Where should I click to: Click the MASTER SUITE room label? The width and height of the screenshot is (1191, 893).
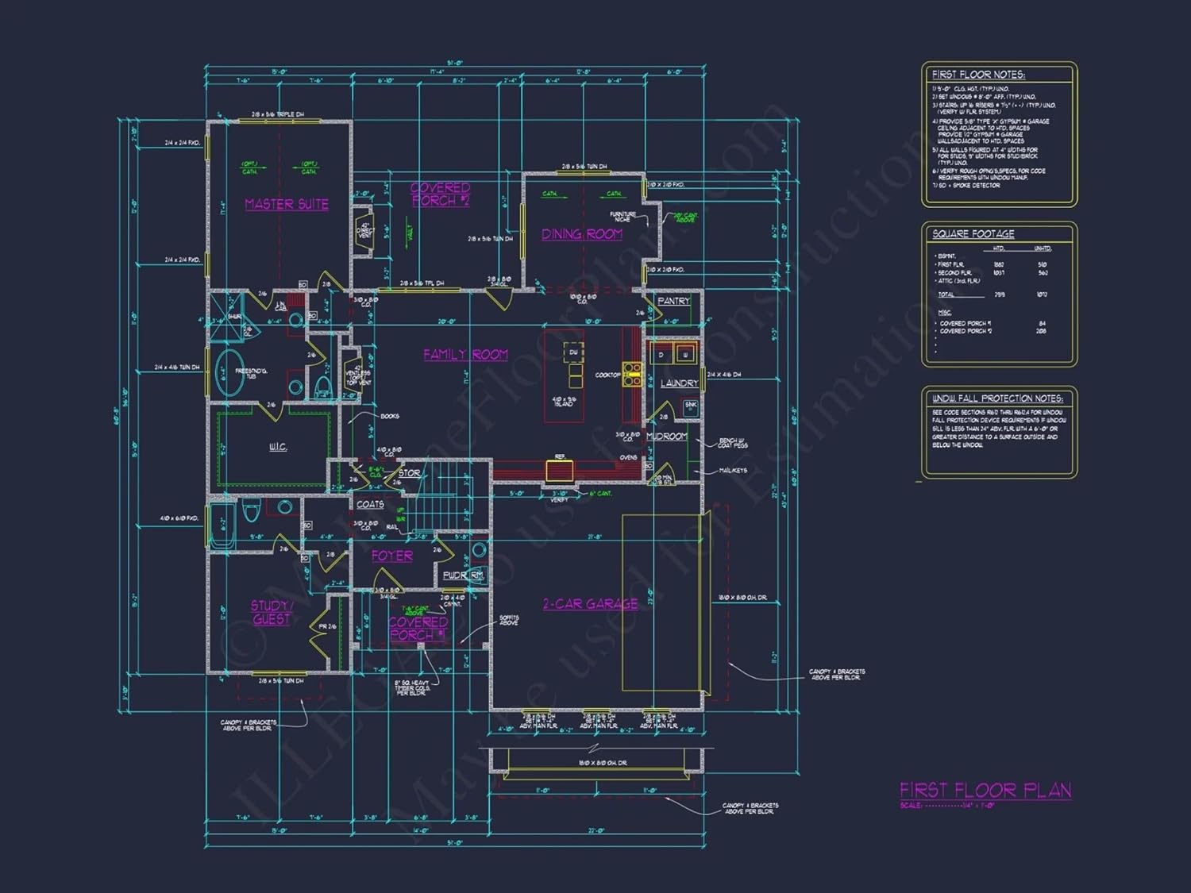click(x=287, y=204)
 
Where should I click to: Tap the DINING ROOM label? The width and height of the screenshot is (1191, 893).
click(x=582, y=234)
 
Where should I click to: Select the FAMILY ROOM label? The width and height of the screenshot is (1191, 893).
click(x=465, y=354)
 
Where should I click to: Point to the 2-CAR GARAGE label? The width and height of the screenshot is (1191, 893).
click(x=590, y=604)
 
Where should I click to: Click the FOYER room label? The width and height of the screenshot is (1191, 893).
click(x=392, y=556)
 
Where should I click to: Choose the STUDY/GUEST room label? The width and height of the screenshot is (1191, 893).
click(x=271, y=612)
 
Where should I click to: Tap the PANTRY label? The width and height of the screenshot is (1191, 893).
click(x=673, y=302)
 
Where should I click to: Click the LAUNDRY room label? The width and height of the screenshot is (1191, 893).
click(x=679, y=383)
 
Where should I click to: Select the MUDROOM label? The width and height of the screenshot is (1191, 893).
click(x=666, y=437)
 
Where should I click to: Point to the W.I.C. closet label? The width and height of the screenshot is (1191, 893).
click(x=278, y=447)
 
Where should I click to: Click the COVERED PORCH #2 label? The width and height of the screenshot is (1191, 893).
click(x=440, y=194)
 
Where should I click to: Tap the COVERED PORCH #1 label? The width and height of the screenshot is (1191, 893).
click(x=418, y=628)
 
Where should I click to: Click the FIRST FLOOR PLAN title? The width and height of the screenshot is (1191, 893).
click(x=985, y=790)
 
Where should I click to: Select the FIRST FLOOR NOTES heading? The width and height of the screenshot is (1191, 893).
click(x=978, y=75)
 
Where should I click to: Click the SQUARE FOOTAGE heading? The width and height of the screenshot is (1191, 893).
click(x=973, y=234)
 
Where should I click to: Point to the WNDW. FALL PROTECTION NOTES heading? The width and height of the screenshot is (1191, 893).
click(x=997, y=398)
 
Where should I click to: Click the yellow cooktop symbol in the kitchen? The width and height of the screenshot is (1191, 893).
click(x=632, y=375)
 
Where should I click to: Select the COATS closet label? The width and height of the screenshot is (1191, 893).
click(x=370, y=504)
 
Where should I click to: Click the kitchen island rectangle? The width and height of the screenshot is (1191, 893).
click(x=565, y=383)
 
